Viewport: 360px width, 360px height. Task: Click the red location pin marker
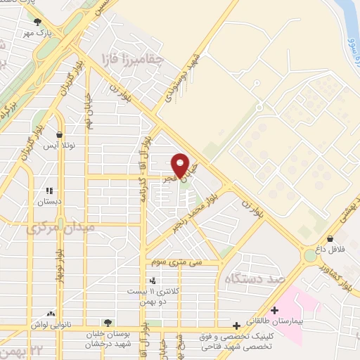180,165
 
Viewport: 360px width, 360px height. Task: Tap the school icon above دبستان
49,191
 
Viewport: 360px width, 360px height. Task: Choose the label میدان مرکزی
60,229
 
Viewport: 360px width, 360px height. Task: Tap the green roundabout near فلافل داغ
309,256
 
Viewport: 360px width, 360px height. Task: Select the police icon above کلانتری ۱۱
153,281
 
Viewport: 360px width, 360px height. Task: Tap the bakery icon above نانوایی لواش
50,314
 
